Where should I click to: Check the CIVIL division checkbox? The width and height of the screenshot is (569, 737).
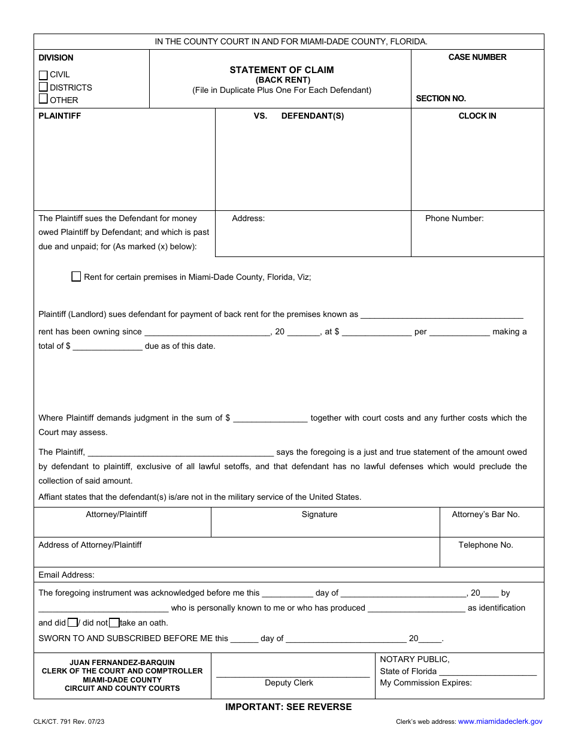coord(43,75)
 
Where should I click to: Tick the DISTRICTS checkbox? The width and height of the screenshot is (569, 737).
coord(43,87)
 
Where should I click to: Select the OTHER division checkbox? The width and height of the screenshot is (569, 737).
coord(43,99)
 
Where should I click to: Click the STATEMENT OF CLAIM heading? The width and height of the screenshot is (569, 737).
coord(282,70)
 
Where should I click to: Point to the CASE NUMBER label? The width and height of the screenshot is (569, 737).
coord(477,58)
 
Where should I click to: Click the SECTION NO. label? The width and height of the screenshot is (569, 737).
coord(441,98)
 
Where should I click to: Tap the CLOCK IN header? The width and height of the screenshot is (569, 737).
coord(477,116)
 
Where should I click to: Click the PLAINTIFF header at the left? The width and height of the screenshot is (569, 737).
coord(60,116)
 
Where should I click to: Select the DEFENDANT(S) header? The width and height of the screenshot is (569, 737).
coord(313,116)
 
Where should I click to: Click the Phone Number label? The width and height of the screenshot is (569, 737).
coord(454,219)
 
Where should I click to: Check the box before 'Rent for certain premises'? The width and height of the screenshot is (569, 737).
coord(76,276)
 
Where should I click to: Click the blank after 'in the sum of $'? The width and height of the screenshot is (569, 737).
coord(270,418)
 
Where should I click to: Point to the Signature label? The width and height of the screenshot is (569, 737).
coord(319,515)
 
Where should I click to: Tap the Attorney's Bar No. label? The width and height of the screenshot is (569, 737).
coord(486,515)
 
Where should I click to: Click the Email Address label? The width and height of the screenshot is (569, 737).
coord(66,575)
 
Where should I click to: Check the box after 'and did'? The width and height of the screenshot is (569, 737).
coord(72,623)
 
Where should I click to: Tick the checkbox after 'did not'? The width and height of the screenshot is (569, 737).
coord(114,623)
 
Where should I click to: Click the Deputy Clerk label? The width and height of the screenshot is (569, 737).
coord(289,683)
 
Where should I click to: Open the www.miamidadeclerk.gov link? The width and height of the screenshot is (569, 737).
coord(500,722)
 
